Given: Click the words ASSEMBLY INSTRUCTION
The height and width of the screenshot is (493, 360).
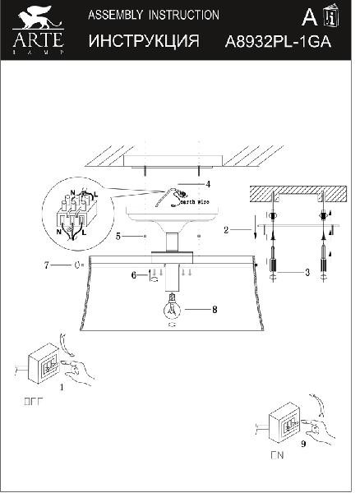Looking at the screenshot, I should tap(153, 16).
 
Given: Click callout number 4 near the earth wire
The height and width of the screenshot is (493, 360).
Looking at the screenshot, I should tap(209, 184).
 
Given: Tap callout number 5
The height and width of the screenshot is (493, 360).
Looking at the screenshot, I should tap(119, 236).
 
